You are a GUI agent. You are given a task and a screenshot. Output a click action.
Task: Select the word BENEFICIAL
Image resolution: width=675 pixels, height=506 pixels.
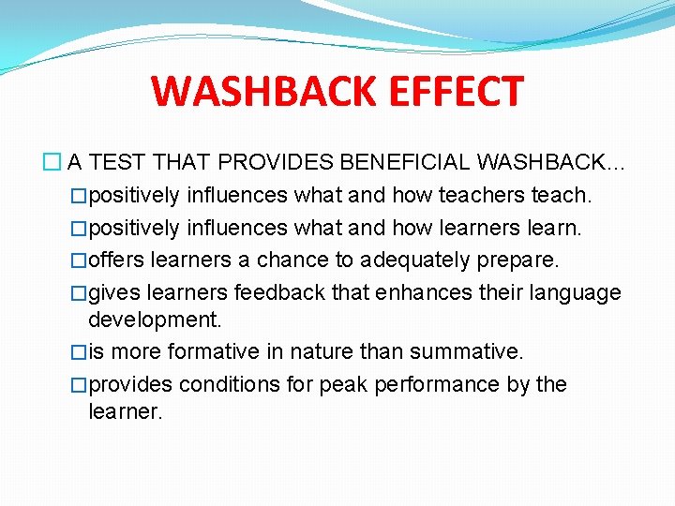point(406,163)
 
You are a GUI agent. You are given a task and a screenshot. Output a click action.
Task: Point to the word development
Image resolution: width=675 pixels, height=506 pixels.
point(155,320)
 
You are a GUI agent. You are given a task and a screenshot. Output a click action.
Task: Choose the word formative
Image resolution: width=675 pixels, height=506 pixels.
point(210,351)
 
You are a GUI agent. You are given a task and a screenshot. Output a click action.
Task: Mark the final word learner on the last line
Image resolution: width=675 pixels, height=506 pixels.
point(125,411)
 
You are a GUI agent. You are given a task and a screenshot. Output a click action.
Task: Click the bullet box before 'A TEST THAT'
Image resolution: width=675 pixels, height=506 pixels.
point(55,163)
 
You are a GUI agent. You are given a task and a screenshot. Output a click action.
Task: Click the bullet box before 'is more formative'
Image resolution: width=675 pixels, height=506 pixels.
point(79,352)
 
